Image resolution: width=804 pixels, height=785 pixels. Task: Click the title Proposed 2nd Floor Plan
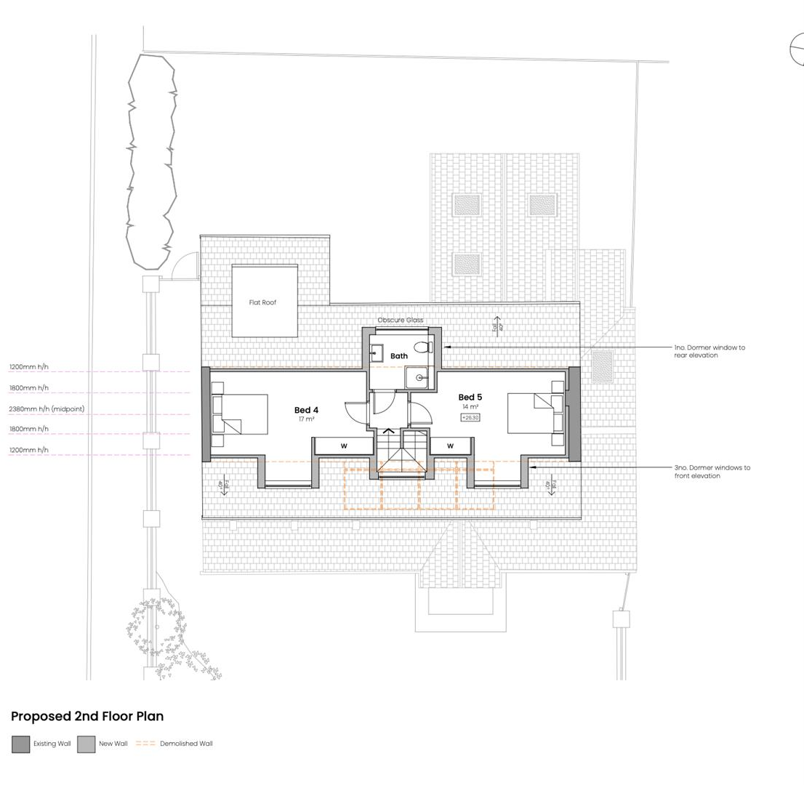click(87, 716)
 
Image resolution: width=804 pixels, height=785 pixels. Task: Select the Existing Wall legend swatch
click(21, 744)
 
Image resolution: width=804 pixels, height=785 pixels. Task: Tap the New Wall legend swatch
click(87, 744)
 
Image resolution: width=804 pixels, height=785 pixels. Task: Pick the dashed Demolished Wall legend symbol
click(145, 744)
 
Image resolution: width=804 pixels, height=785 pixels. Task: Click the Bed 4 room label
click(306, 410)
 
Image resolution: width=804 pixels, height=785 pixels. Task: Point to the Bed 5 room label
click(470, 397)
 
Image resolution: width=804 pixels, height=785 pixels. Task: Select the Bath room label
click(399, 356)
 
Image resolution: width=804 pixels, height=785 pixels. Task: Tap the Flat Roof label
click(262, 302)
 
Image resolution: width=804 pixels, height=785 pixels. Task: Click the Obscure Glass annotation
click(400, 320)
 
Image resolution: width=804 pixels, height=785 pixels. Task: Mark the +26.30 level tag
click(470, 418)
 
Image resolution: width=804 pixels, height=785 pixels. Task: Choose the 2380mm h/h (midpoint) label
click(47, 409)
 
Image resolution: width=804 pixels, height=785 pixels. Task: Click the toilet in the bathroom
click(423, 348)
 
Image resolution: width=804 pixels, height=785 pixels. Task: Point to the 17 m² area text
click(306, 419)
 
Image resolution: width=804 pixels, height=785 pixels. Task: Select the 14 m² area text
click(470, 407)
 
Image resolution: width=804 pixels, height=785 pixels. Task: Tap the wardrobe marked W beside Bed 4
click(344, 446)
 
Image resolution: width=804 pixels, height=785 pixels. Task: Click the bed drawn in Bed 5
click(535, 413)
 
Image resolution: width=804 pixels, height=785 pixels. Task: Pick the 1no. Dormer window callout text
click(709, 351)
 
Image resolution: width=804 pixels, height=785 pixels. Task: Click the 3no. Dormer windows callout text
click(712, 472)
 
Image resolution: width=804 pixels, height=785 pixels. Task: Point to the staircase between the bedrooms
click(399, 452)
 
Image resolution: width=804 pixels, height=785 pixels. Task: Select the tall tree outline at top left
click(151, 160)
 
